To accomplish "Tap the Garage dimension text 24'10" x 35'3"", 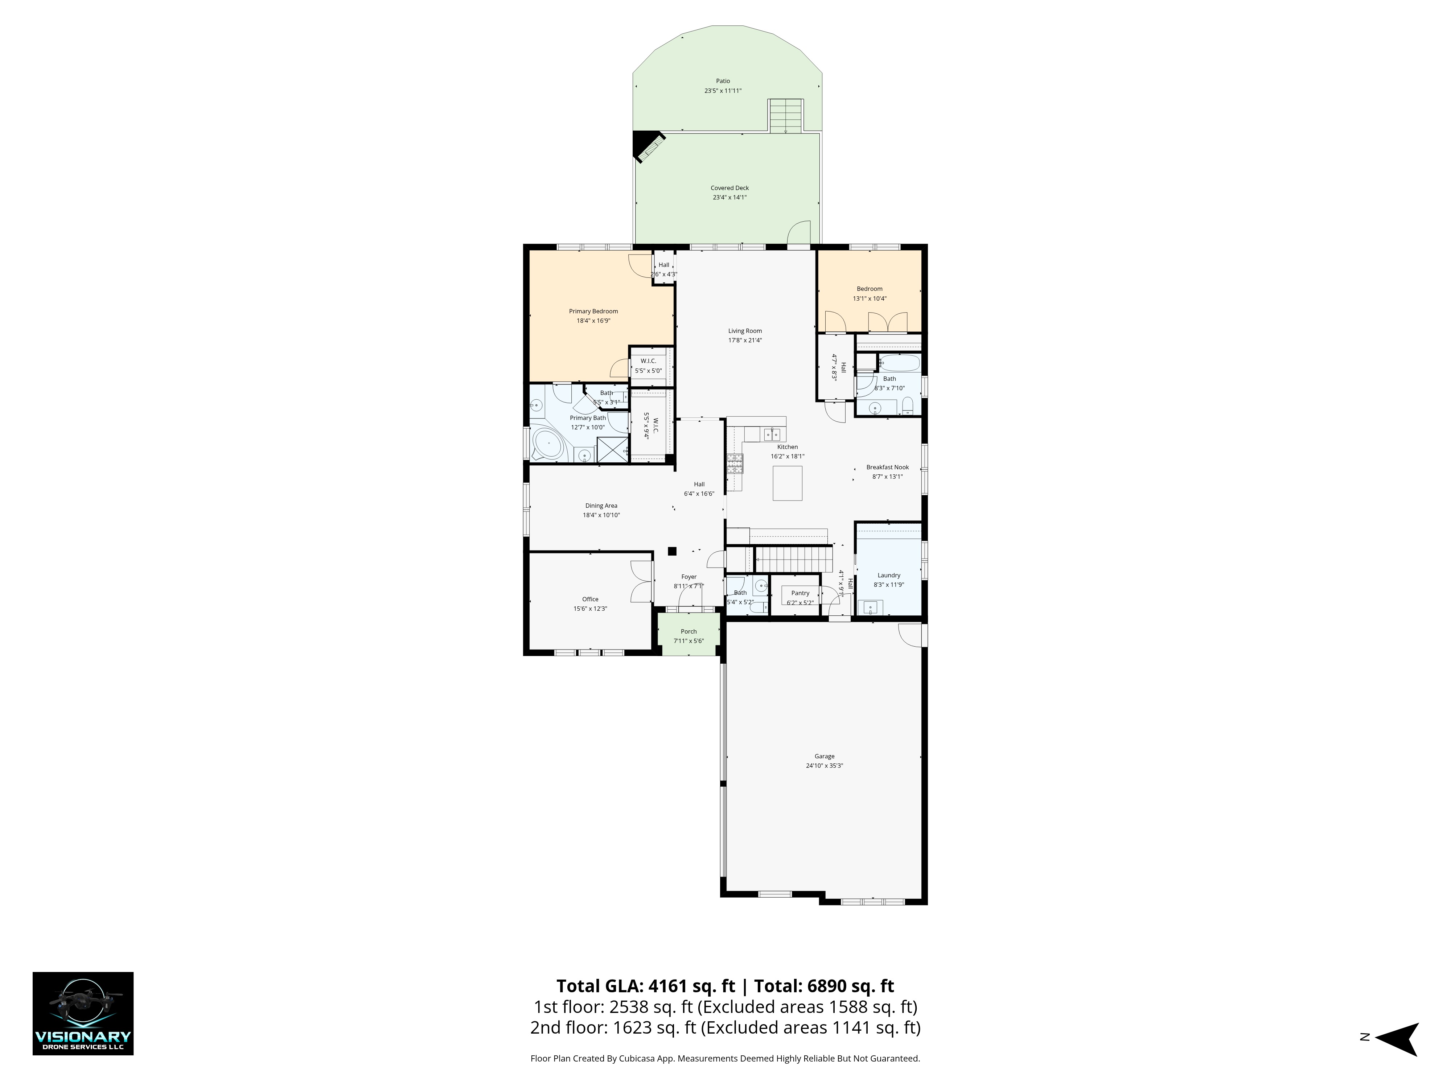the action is (x=825, y=765).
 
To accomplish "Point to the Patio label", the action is (x=723, y=81).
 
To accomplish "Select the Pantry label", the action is (x=800, y=593).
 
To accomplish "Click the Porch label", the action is (x=689, y=631).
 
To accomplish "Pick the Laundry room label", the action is (x=889, y=575).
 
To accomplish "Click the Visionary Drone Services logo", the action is (x=83, y=1013).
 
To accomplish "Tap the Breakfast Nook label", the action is (x=888, y=467).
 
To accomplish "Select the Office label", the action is (x=590, y=599).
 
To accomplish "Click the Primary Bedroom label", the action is (x=594, y=312).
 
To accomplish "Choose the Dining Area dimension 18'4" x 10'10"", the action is (x=601, y=515).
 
